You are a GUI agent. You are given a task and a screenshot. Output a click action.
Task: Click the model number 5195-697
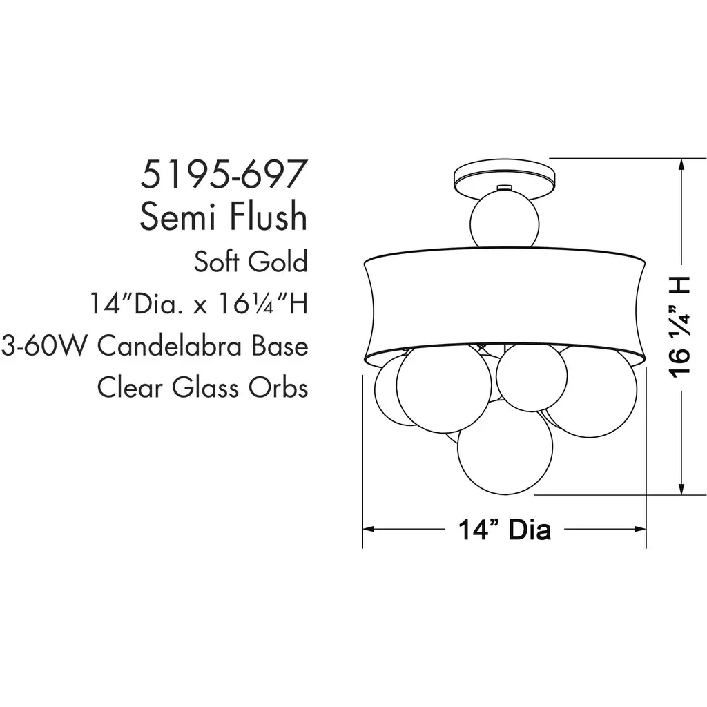pos(224,174)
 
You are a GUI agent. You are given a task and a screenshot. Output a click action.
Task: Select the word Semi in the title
pos(180,216)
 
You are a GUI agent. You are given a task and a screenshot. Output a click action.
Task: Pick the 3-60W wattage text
pos(44,347)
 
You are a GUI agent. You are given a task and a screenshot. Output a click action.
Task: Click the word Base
pos(280,347)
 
